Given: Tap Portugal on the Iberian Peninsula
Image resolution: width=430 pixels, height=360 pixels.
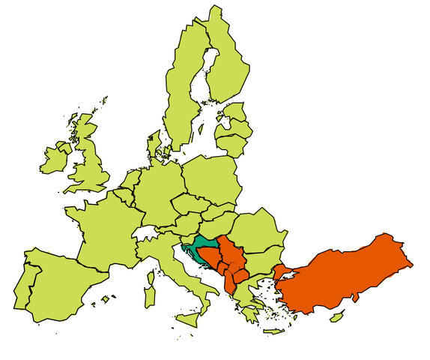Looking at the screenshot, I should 22,286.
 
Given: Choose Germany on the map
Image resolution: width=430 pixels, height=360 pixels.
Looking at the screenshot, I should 157,191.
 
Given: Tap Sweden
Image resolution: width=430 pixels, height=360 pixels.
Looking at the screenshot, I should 184,90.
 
